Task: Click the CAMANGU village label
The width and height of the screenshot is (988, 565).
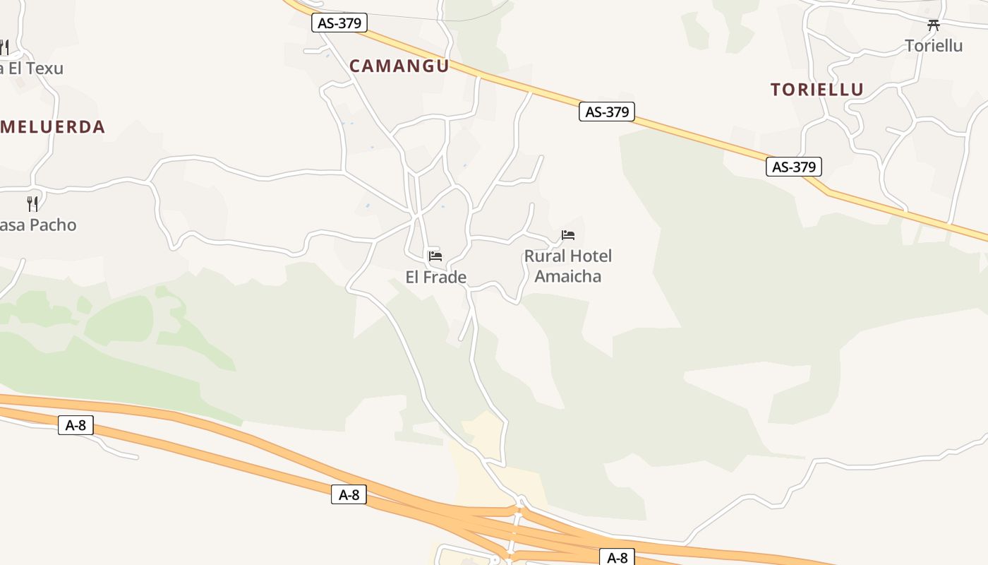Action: pyautogui.click(x=399, y=66)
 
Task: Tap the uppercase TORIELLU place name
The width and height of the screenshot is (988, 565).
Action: pyautogui.click(x=817, y=90)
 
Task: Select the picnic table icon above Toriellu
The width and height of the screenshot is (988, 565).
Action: pyautogui.click(x=934, y=25)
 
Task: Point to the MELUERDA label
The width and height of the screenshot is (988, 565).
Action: pyautogui.click(x=53, y=127)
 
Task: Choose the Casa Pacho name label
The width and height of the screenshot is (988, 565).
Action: pyautogui.click(x=38, y=225)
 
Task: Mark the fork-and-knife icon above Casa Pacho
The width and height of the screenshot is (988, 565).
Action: pyautogui.click(x=32, y=203)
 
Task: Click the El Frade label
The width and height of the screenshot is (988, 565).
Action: pyautogui.click(x=436, y=278)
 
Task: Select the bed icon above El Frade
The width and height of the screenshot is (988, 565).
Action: pyautogui.click(x=435, y=256)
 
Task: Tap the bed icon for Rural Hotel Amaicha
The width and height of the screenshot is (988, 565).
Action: pyautogui.click(x=568, y=234)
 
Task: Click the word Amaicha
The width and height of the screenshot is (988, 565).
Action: pyautogui.click(x=568, y=276)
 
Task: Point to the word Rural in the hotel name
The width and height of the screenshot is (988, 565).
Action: pyautogui.click(x=544, y=256)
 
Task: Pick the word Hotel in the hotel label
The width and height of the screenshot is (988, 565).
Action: pyautogui.click(x=591, y=256)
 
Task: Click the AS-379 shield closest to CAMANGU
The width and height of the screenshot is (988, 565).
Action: pyautogui.click(x=339, y=23)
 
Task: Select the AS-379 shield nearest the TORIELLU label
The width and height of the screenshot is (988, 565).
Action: pyautogui.click(x=794, y=167)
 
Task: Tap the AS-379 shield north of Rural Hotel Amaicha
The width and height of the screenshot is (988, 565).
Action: pyautogui.click(x=607, y=112)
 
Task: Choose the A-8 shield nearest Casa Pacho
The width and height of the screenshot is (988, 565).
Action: pyautogui.click(x=76, y=425)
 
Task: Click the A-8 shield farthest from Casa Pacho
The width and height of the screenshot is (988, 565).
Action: pyautogui.click(x=617, y=558)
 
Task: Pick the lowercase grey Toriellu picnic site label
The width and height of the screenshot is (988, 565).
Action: pyautogui.click(x=934, y=46)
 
